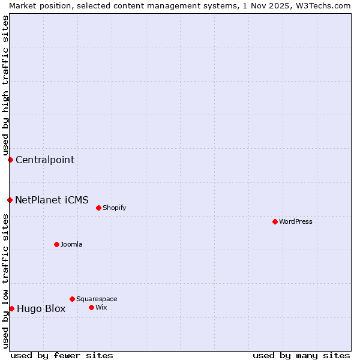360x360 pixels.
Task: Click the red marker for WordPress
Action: point(275,221)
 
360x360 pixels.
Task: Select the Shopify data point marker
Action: point(98,208)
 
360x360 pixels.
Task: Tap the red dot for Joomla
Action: point(56,244)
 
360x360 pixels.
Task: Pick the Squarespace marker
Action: point(72,299)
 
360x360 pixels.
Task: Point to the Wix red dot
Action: point(91,307)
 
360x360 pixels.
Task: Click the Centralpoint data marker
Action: point(10,160)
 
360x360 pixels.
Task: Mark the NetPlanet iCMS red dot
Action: point(10,200)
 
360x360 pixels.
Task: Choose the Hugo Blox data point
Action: point(11,308)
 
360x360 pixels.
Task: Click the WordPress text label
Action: point(296,222)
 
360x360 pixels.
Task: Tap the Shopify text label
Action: point(114,208)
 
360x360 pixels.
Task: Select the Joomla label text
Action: point(71,245)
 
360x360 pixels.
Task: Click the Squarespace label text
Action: point(97,299)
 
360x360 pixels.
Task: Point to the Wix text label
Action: point(101,308)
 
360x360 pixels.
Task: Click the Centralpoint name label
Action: point(45,160)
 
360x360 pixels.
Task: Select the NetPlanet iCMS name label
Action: point(52,200)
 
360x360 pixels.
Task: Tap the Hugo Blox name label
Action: point(41,309)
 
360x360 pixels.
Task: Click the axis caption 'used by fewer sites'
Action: point(62,355)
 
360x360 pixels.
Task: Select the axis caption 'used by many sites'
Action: point(301,355)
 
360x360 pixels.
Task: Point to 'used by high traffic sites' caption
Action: point(5,85)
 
